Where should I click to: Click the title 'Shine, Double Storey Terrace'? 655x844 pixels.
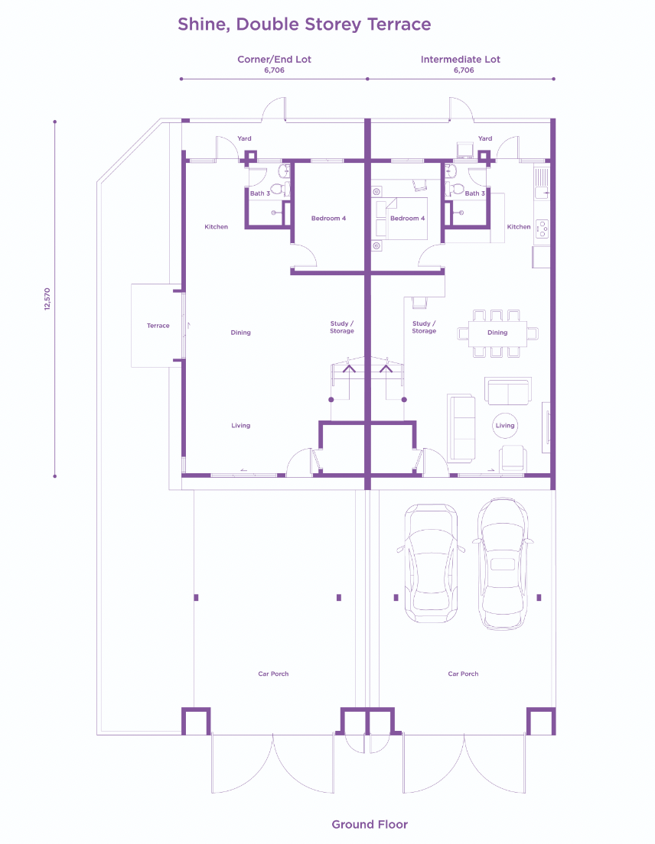pyautogui.click(x=304, y=24)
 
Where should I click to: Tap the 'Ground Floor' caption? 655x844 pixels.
pyautogui.click(x=370, y=824)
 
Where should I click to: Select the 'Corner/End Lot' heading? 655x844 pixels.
pyautogui.click(x=274, y=60)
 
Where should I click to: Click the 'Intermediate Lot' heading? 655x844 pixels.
pyautogui.click(x=461, y=60)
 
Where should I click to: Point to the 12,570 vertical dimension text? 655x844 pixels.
pyautogui.click(x=47, y=299)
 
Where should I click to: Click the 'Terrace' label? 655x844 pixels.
pyautogui.click(x=158, y=326)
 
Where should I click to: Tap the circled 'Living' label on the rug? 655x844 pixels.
pyautogui.click(x=505, y=426)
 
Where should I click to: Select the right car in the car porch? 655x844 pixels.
pyautogui.click(x=503, y=563)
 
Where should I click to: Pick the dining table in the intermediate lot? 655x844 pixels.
pyautogui.click(x=497, y=333)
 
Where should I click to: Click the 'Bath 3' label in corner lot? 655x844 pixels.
pyautogui.click(x=260, y=193)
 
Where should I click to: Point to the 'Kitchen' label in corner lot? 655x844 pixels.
pyautogui.click(x=216, y=227)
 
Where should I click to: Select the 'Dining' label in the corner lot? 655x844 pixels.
pyautogui.click(x=240, y=333)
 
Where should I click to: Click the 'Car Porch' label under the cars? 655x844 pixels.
pyautogui.click(x=463, y=674)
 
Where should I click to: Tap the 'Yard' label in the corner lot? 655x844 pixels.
pyautogui.click(x=244, y=138)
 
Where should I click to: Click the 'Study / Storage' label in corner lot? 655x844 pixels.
pyautogui.click(x=342, y=327)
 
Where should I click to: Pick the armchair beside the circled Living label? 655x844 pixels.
pyautogui.click(x=513, y=457)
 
